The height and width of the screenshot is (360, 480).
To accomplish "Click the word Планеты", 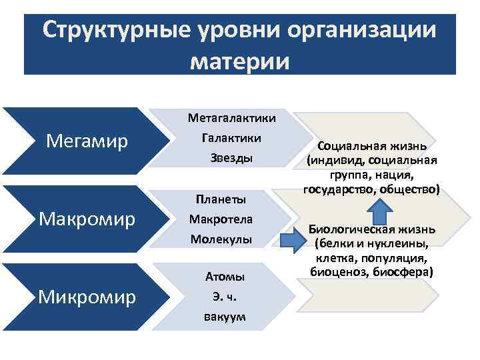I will click(221, 199).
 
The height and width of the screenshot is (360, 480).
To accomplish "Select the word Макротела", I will click(221, 218).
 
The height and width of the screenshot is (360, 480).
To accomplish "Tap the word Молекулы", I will click(221, 238).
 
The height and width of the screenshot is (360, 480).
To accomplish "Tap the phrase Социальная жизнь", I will click(372, 146).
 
